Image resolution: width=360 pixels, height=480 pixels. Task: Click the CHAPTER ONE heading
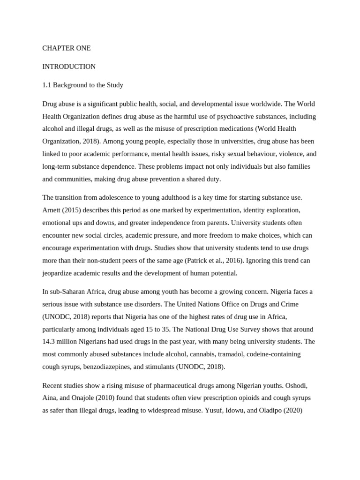(67, 48)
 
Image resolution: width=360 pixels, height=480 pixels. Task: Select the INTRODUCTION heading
(69, 67)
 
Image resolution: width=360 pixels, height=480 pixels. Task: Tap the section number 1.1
(47, 85)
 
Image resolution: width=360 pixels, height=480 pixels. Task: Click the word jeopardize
(59, 273)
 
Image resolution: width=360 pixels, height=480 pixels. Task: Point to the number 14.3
(50, 342)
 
